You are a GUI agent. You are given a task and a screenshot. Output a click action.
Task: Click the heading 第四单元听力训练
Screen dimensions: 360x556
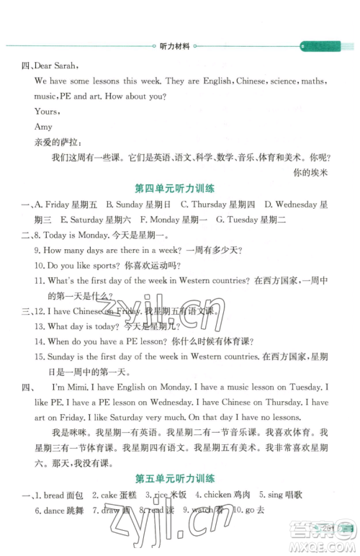click(x=179, y=189)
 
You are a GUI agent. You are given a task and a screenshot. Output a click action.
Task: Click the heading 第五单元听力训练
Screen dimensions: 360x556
click(x=179, y=477)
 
